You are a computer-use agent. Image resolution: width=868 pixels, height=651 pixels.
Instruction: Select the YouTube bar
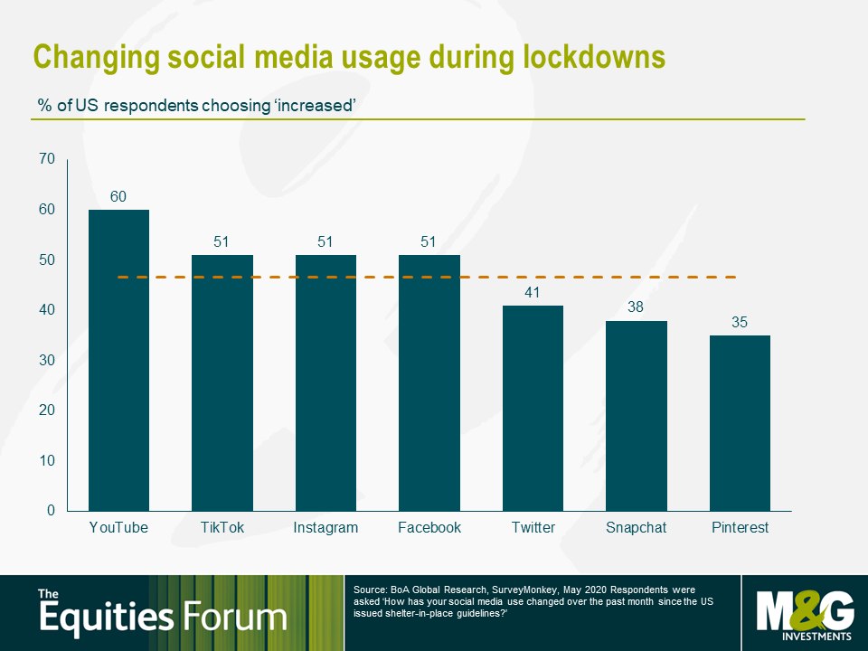[x=118, y=361]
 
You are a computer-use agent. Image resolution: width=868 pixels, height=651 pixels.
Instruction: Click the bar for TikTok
[x=222, y=383]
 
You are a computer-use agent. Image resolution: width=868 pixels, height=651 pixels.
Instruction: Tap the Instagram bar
[x=325, y=383]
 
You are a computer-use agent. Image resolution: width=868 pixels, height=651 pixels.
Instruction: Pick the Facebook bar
[x=429, y=383]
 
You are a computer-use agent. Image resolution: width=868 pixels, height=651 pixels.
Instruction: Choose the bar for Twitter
[x=533, y=408]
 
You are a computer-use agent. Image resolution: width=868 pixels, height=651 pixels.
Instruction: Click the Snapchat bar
[x=636, y=416]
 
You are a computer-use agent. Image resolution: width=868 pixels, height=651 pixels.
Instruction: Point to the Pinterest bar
[x=740, y=423]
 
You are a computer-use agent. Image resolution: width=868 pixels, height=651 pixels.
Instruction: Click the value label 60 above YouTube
[x=118, y=196]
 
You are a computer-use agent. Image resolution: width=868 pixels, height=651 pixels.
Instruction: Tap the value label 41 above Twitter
[x=532, y=292]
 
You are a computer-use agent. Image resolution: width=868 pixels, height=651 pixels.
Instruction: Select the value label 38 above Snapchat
[x=636, y=307]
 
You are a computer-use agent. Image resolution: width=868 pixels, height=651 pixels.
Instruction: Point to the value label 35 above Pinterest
[x=740, y=322]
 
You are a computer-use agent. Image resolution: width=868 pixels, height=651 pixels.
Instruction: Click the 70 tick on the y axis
[x=47, y=159]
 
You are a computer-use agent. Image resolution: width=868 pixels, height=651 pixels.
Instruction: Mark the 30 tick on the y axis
[x=47, y=361]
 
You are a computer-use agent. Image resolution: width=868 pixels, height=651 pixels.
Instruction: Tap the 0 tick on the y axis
[x=51, y=510]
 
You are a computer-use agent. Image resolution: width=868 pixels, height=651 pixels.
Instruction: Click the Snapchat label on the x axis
[x=636, y=527]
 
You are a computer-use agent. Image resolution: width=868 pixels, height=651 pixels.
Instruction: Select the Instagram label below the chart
[x=325, y=528]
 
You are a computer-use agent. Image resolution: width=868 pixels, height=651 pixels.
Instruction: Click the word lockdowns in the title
[x=593, y=57]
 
